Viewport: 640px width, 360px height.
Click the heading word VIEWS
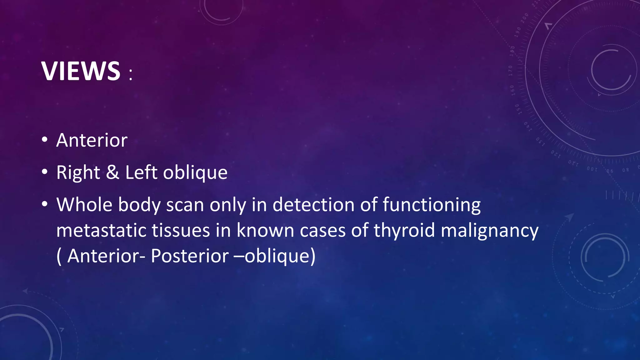(x=81, y=71)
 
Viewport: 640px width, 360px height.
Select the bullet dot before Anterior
(x=45, y=140)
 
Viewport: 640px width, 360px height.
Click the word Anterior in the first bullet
(x=92, y=140)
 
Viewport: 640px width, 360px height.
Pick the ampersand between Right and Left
(x=112, y=172)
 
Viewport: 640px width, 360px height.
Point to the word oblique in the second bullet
(x=195, y=173)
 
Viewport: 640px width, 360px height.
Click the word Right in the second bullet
(x=78, y=173)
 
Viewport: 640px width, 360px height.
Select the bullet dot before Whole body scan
(x=45, y=204)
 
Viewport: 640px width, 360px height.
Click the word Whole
(x=84, y=205)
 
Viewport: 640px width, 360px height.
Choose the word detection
(x=313, y=205)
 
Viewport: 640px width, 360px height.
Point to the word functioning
(x=432, y=205)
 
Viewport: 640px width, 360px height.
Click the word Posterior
(x=190, y=256)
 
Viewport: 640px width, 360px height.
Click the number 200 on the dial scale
(x=525, y=18)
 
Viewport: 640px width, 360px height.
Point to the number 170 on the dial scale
(x=510, y=71)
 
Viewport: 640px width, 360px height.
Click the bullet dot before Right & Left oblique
(x=45, y=172)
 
